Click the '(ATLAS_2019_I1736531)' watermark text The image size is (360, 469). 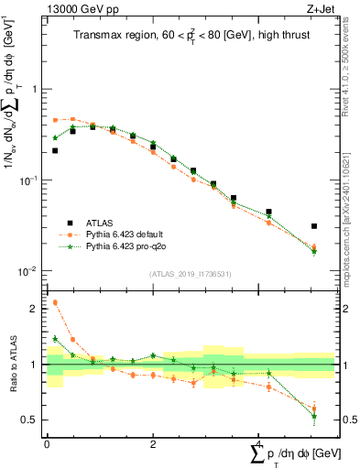coord(190,273)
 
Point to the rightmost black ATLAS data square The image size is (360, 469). coord(314,225)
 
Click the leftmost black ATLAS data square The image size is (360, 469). coord(55,150)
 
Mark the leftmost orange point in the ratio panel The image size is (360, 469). coord(55,302)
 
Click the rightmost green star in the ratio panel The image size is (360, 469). coord(314,417)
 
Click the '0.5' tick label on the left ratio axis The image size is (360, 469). coord(30,420)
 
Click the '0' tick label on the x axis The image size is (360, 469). coord(47,442)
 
